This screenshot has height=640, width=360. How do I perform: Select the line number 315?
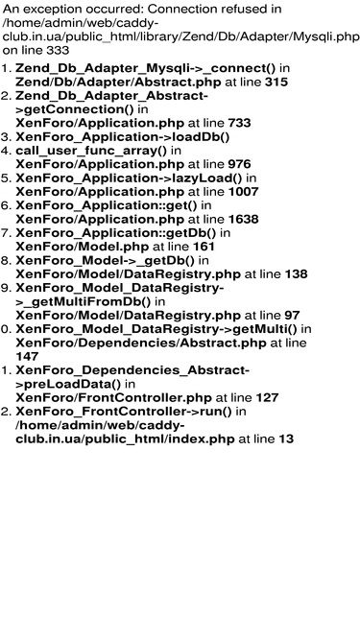pos(276,83)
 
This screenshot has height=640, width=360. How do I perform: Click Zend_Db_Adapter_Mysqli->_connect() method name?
pos(146,68)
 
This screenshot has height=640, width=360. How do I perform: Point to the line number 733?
pos(239,123)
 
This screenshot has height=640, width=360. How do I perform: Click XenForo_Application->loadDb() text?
pos(123,137)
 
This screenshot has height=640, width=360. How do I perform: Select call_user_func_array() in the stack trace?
pos(91,151)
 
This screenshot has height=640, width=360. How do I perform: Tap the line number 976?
pos(239,164)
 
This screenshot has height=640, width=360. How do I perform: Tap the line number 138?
pos(296,274)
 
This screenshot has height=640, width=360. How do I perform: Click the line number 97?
pos(292,316)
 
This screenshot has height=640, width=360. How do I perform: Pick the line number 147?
pos(27,357)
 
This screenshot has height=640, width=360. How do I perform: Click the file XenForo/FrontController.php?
pos(113,398)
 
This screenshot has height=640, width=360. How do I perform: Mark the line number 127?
pos(267,398)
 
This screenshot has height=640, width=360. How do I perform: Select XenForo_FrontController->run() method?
pos(123,412)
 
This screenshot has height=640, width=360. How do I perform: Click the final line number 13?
pos(286,439)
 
